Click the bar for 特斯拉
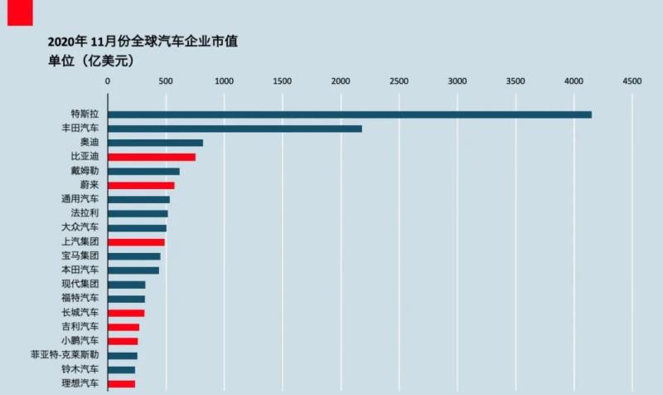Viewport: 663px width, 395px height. tap(349, 115)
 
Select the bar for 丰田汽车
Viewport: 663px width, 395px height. tap(235, 129)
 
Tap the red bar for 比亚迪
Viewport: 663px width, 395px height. tap(152, 157)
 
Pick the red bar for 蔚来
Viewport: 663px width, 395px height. tap(141, 185)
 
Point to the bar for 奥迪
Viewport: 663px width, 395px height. tap(155, 143)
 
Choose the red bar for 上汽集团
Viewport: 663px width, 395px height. tap(136, 242)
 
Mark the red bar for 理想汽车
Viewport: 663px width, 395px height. tap(121, 383)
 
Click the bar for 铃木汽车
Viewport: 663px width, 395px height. tap(121, 369)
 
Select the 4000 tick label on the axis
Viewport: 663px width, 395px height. tap(573, 81)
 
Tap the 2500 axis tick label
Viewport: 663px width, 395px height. tap(399, 81)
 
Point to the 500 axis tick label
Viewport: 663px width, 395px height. tap(166, 81)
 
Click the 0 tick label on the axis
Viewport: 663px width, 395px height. tap(108, 81)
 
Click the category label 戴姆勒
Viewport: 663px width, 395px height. tap(85, 171)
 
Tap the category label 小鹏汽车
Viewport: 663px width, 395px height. tap(80, 341)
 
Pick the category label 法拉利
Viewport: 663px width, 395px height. tap(85, 213)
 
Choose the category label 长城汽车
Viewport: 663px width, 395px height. tap(80, 313)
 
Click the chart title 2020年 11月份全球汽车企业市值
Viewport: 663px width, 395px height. tap(143, 41)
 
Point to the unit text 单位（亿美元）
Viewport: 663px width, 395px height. tap(91, 61)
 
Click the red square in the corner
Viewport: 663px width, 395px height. tap(19, 12)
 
